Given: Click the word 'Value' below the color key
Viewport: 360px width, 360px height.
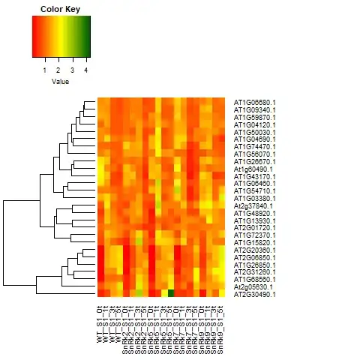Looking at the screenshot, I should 60,81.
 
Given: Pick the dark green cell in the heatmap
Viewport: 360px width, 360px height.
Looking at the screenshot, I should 171,293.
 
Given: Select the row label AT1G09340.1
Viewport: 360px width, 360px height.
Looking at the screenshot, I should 255,109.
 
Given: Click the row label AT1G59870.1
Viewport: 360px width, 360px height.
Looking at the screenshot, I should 255,117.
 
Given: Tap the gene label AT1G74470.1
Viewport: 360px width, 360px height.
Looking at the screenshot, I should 255,146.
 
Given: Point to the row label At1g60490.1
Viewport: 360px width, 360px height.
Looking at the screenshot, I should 255,169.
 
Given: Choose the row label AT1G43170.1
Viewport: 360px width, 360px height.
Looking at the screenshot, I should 255,176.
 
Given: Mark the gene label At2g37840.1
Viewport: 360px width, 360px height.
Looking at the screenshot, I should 255,205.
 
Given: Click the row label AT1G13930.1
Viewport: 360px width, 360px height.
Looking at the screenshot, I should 255,220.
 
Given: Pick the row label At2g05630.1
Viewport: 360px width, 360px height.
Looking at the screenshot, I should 255,287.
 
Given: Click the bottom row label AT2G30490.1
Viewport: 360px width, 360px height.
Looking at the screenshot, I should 255,295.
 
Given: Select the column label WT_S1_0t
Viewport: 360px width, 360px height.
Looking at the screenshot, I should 99,319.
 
